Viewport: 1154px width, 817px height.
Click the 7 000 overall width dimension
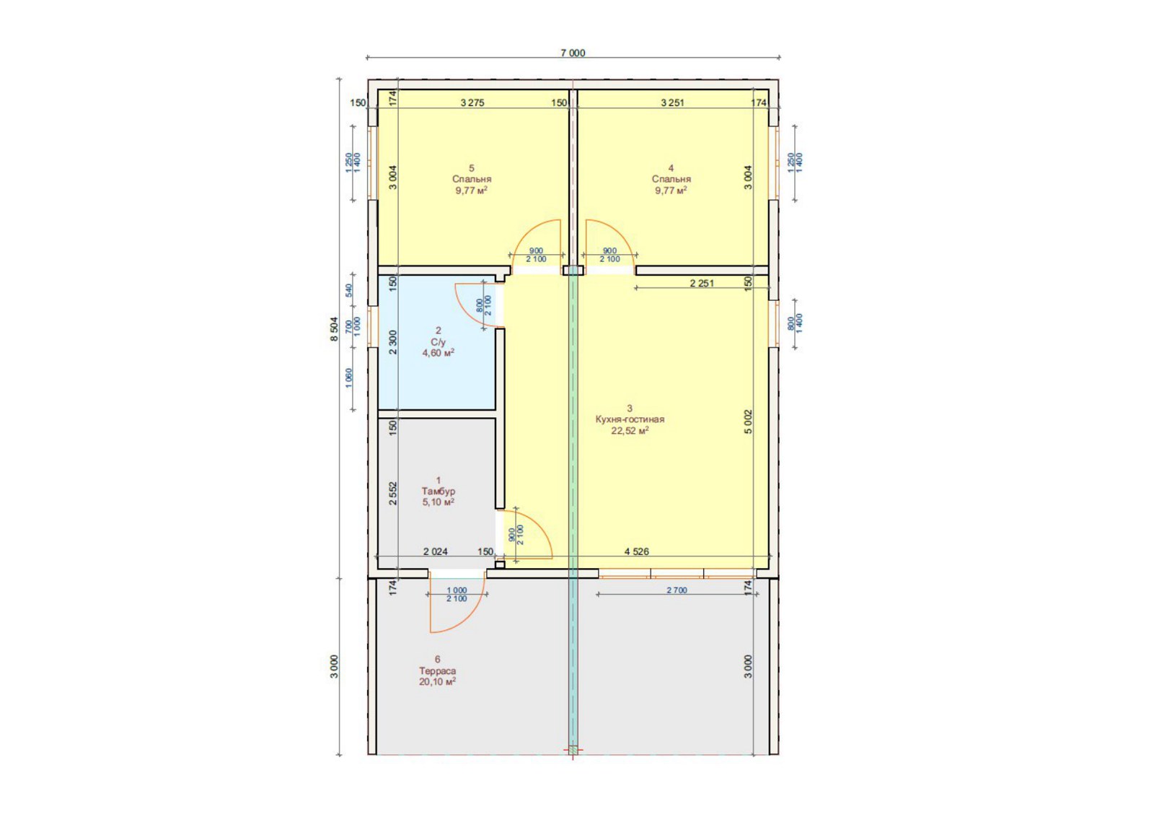coord(573,53)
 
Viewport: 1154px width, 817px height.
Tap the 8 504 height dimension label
coord(335,329)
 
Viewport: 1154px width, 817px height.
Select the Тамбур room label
coord(438,491)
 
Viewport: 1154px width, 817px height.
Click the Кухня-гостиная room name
coord(630,419)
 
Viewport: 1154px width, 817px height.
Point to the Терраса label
coord(437,670)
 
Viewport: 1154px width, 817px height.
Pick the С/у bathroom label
coord(439,342)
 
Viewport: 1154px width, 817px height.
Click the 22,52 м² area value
coord(630,430)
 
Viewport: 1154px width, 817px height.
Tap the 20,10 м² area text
coord(437,681)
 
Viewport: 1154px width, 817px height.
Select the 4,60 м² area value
coord(439,353)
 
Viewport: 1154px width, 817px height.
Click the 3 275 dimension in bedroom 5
coord(472,102)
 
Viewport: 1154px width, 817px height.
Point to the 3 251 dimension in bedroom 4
coord(672,102)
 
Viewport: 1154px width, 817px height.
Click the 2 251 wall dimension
coord(702,283)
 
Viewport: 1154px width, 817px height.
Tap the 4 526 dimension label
coord(637,551)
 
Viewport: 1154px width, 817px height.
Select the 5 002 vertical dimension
coord(749,421)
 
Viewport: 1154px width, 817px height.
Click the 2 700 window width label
coord(677,590)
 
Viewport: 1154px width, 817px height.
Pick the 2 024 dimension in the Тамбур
coord(436,551)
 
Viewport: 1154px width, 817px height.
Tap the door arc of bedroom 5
coord(527,230)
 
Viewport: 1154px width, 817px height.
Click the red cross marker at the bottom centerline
coord(573,750)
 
